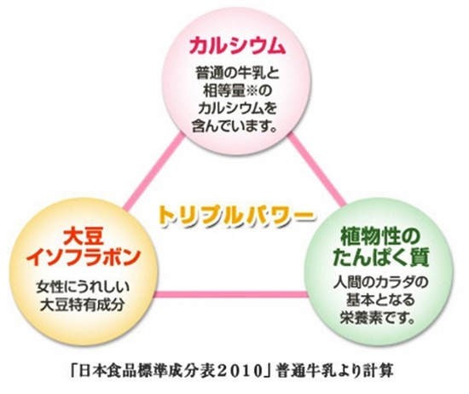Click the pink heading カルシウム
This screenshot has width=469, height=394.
coord(236,45)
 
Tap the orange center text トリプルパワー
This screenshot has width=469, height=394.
coord(235,216)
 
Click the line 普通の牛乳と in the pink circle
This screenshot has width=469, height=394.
coord(237,72)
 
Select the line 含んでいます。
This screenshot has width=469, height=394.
coord(234,125)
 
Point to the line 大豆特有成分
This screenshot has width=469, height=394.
coord(82,305)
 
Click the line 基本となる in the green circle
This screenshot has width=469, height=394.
coord(380,300)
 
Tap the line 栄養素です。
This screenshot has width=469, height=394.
coord(378,318)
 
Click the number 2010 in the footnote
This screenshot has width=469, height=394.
coord(240,371)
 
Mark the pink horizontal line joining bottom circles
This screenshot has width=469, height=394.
coord(231,294)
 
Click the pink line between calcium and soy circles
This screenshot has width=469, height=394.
coord(153,171)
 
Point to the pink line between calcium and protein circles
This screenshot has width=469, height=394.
coord(317,171)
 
